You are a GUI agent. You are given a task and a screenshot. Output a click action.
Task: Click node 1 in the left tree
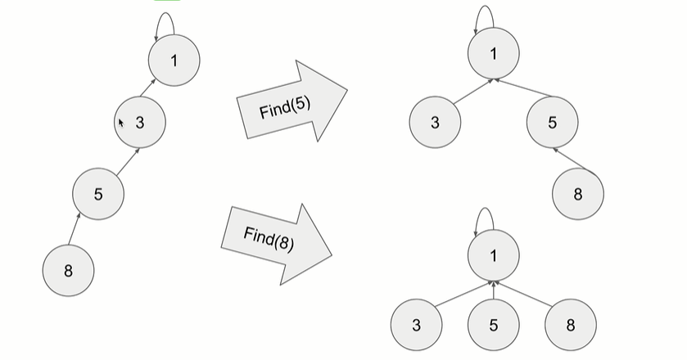point(174,61)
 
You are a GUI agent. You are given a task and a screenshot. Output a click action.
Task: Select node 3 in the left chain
point(140,123)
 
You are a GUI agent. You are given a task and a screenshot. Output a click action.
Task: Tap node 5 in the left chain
point(98,194)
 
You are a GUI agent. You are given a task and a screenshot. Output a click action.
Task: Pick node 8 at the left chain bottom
point(68,269)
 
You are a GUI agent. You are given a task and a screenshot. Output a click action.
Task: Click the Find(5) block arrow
point(291,104)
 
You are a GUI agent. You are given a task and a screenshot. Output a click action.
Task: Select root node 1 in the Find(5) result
point(494,53)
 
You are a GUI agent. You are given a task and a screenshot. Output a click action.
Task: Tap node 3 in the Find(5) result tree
point(435,123)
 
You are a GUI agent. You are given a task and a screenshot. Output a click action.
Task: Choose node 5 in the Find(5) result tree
point(552,123)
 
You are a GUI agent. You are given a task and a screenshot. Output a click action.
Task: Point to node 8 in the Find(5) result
point(578,194)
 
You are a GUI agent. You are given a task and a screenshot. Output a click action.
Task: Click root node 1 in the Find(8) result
point(494,255)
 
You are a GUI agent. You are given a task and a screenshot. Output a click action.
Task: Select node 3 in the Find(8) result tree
point(416,325)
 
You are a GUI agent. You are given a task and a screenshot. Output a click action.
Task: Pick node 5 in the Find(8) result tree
point(494,325)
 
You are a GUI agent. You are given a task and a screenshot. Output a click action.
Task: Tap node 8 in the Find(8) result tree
point(571,325)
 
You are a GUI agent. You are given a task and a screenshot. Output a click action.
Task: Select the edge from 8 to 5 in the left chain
point(74,231)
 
